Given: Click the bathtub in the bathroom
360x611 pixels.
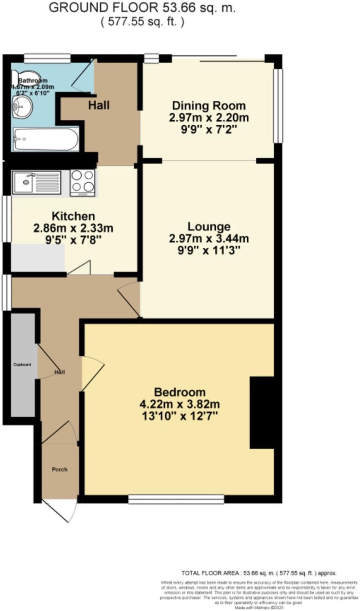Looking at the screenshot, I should point(46,139).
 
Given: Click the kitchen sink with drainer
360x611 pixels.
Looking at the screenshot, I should point(36,182).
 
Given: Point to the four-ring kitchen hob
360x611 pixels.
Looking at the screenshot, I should point(82,182).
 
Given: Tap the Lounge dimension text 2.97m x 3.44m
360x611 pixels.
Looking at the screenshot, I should point(209,239).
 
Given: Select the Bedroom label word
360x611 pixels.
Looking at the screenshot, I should point(180,392).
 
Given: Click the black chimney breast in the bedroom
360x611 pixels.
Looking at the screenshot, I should point(262,412).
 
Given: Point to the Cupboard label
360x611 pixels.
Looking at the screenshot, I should point(22,365).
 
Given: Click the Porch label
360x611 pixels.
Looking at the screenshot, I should point(60,470).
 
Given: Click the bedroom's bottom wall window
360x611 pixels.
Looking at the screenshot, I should point(176,500).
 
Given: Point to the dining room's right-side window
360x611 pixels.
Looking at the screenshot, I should point(278,106).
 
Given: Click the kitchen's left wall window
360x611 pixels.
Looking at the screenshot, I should point(6,219).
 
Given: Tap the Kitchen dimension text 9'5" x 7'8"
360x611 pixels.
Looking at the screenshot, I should point(73,239).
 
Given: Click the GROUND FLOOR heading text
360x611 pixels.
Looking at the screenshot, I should point(142,8).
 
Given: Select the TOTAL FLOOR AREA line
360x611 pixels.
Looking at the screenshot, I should point(259,573).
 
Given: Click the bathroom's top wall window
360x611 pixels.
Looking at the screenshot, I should point(47,58).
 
